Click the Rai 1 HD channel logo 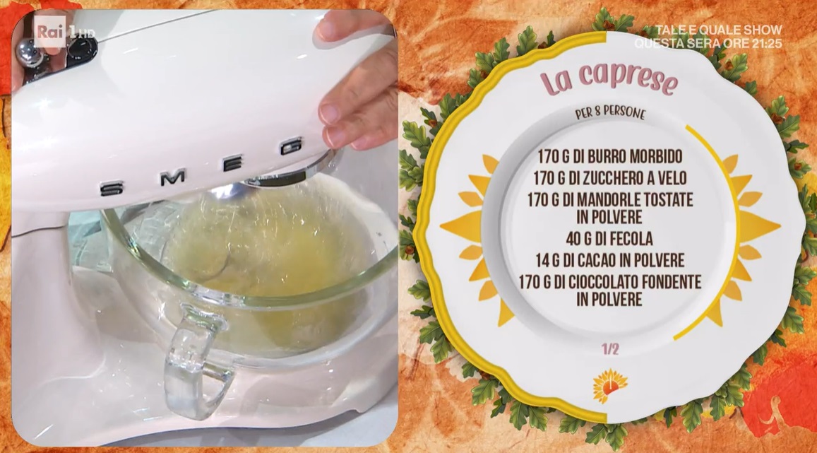65,33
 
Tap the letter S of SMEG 112,189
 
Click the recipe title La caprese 609,78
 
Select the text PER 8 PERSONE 610,112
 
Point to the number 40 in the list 573,239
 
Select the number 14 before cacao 542,260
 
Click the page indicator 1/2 610,348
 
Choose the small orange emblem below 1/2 609,386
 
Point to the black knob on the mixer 80,50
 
